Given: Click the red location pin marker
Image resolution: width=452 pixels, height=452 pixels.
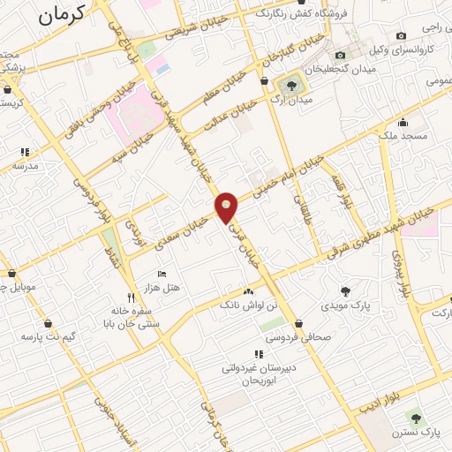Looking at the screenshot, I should (227, 207).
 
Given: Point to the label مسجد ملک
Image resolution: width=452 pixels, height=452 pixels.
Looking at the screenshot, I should (403, 137).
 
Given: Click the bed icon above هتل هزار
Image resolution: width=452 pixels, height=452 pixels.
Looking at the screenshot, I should (161, 275).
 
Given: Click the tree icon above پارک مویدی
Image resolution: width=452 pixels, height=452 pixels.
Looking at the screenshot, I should (345, 290).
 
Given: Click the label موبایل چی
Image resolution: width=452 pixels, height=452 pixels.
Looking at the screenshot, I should (19, 287).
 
